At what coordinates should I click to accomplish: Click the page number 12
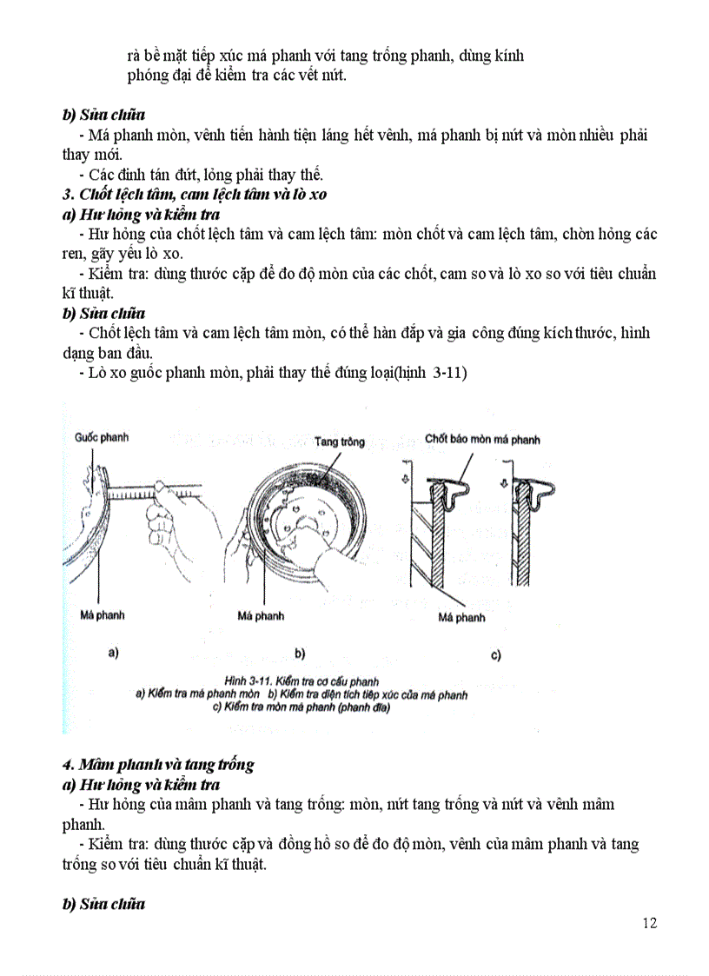(x=649, y=922)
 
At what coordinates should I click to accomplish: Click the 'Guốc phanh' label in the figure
(x=102, y=437)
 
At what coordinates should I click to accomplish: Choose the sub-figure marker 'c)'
(x=495, y=654)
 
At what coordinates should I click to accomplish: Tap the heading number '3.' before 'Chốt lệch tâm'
(x=68, y=194)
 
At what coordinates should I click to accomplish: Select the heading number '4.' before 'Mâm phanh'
(x=68, y=765)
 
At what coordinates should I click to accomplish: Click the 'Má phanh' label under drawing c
(x=461, y=618)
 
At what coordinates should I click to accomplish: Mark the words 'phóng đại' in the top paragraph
(x=157, y=75)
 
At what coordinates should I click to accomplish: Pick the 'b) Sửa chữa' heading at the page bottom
(x=103, y=904)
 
